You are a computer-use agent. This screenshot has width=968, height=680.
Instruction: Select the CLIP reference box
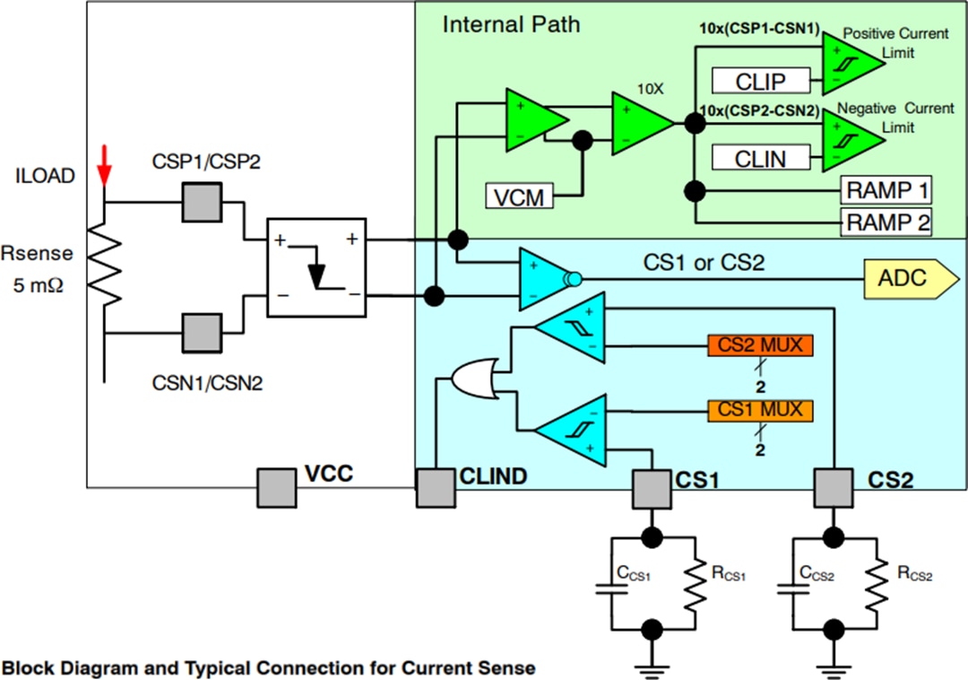point(760,82)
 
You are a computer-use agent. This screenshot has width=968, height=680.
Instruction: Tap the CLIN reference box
point(760,160)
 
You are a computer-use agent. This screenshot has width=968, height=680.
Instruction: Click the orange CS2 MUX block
point(760,345)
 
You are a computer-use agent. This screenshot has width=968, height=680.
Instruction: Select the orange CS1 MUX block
point(760,411)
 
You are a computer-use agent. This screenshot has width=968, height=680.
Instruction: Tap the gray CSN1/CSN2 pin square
point(201,332)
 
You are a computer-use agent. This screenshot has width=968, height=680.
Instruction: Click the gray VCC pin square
point(276,488)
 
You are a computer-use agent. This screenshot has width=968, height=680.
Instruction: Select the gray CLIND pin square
point(436,488)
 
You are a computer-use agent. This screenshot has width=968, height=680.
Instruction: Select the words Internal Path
point(511,24)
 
